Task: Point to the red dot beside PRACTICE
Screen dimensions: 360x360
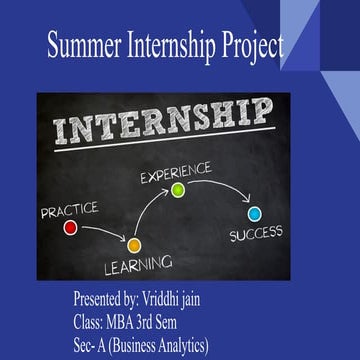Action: coord(70,227)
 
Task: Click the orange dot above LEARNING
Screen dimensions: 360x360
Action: coord(133,243)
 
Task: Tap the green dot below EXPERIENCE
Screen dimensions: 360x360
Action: coord(178,189)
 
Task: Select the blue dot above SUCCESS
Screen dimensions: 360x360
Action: coord(255,213)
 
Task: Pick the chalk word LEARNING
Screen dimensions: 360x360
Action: coord(139,266)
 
